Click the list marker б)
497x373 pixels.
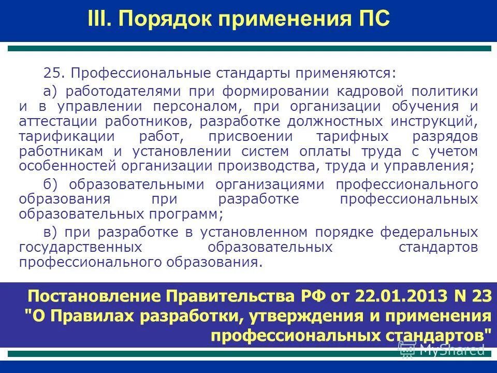coord(52,185)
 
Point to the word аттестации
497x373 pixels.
coord(51,122)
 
